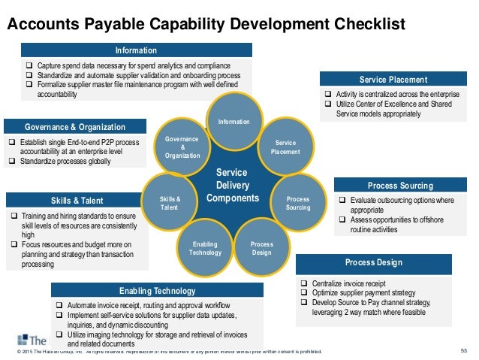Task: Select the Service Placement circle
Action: coord(285,147)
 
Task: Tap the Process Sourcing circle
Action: coord(297,202)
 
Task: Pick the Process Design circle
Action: coord(261,248)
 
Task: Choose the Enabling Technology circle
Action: coord(204,249)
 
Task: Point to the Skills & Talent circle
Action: coord(170,202)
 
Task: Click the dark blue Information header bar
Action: coord(136,50)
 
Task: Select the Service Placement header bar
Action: coord(393,79)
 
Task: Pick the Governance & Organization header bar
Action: coord(76,126)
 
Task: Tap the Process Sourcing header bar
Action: coord(400,186)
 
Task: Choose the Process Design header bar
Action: coord(373,262)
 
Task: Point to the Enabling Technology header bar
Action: coord(158,290)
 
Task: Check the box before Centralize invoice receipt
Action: coord(304,283)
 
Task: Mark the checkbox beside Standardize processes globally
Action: coord(12,161)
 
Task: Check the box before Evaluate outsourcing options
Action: coord(342,201)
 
